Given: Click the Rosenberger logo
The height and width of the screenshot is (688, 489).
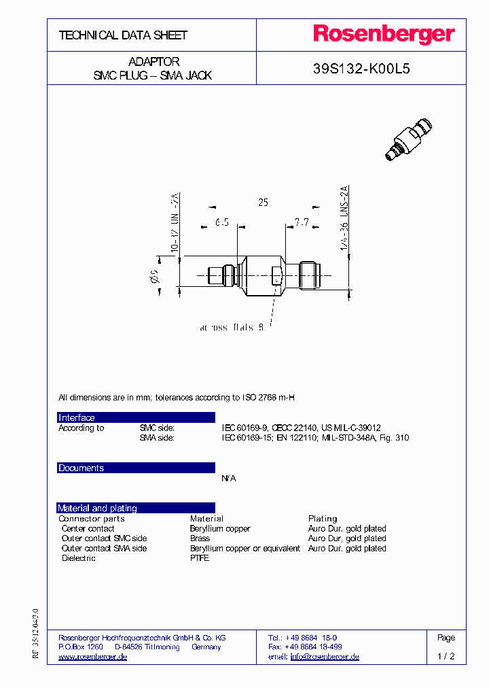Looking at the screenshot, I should point(383,35).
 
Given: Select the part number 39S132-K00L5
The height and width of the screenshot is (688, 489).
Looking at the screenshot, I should point(361,69).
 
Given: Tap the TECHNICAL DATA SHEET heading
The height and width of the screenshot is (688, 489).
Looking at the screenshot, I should point(123,35).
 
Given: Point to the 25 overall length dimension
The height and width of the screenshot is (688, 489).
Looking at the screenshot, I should point(263,203).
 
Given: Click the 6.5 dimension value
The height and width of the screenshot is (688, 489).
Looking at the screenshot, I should point(222,222).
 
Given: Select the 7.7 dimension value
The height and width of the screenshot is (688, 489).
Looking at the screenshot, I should point(302,222).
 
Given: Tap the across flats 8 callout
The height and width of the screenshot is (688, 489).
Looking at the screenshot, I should point(232,328).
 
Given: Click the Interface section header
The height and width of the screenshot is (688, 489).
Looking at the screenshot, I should point(77,417).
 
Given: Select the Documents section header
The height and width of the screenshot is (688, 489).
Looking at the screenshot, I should point(81,468).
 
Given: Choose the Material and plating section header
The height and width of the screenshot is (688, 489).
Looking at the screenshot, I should point(97,508).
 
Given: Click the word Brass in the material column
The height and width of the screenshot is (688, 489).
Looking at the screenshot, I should point(200,538).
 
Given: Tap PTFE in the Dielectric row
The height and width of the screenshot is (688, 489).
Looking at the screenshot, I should point(199,558).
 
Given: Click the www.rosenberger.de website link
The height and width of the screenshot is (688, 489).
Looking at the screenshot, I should point(93,657).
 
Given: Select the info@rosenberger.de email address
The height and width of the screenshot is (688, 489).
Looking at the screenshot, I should point(325,657).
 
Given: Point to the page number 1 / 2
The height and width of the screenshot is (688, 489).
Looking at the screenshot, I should point(446,657).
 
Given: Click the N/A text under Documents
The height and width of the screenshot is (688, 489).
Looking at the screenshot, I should point(229,479).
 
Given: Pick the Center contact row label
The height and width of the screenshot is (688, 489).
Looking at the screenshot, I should point(88,528).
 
